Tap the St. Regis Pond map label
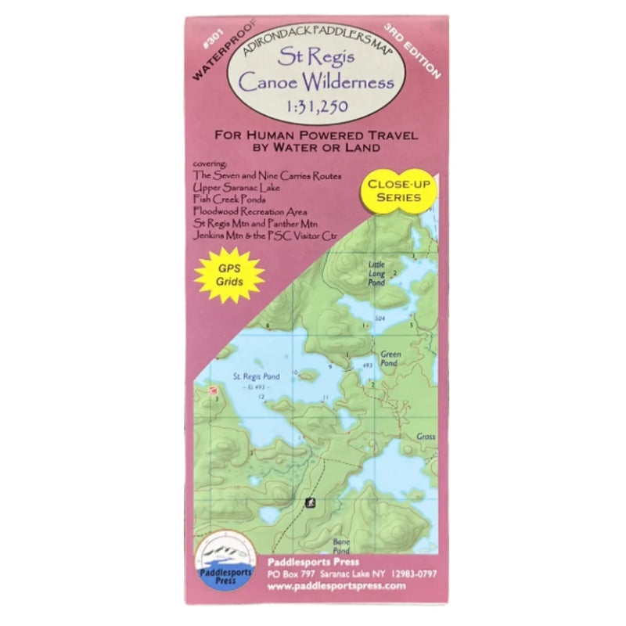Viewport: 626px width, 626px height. pos(257,376)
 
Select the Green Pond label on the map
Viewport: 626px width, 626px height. pos(390,358)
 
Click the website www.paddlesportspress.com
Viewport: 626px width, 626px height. pos(347,585)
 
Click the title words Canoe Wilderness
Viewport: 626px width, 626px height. pos(312,81)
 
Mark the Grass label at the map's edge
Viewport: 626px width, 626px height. pos(426,437)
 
